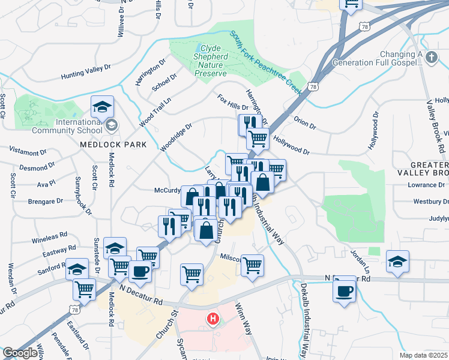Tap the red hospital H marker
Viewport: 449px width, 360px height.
pyautogui.click(x=212, y=319)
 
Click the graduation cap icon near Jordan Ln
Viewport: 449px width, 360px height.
pyautogui.click(x=397, y=260)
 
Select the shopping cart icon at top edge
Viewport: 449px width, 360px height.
pyautogui.click(x=351, y=4)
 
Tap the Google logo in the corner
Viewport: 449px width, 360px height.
pyautogui.click(x=20, y=353)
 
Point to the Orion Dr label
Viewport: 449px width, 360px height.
pyautogui.click(x=305, y=122)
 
